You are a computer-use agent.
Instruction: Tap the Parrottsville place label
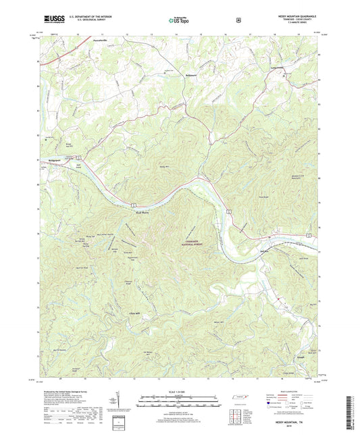[x=100, y=41]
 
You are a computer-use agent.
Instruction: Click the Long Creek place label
[x=279, y=72]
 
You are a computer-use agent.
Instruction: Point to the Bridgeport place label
[x=55, y=159]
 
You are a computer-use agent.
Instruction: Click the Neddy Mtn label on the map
[x=165, y=166]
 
